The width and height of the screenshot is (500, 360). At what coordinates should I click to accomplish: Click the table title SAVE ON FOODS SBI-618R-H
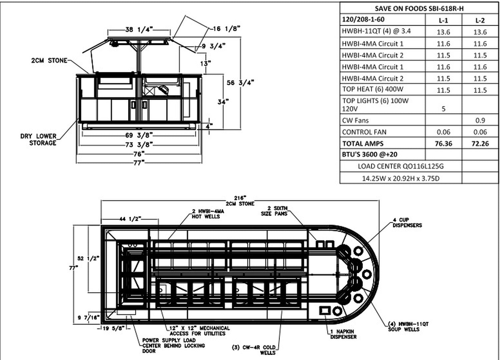419,8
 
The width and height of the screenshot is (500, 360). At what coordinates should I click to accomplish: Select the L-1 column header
443,21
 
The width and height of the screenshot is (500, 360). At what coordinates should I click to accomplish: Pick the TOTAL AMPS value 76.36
444,144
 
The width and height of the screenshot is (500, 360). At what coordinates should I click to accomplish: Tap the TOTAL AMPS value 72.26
480,144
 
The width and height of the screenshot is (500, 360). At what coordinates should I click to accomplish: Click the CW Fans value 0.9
480,120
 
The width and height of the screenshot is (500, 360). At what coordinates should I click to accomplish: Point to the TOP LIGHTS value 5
444,109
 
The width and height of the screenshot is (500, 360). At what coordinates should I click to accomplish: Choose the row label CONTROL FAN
364,132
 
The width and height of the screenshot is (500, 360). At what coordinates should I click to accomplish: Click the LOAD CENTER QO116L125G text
401,166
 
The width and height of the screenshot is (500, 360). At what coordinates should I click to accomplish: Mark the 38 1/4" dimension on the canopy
139,29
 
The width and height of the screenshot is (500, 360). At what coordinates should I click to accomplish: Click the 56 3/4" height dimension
240,83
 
